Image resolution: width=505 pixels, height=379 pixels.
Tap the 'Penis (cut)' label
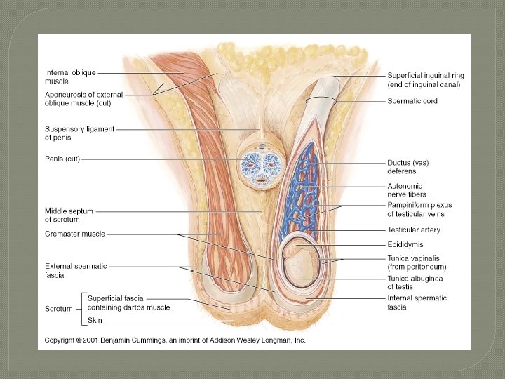coord(62,159)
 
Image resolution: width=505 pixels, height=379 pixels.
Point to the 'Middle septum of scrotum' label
coord(69,215)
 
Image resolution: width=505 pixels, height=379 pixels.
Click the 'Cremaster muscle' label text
coord(74,234)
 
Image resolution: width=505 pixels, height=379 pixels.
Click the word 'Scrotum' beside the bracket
coord(60,309)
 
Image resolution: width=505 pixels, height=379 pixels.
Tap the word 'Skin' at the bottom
coord(95,320)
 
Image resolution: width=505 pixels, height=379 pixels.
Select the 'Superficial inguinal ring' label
coord(425,79)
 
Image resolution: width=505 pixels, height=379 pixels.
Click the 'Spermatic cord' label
coord(412,101)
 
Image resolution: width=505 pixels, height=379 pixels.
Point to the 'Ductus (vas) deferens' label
coord(408,166)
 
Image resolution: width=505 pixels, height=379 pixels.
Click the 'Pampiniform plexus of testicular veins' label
coord(419,209)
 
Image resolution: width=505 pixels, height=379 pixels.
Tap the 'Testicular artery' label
coord(414,230)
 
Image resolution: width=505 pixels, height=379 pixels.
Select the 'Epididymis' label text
coord(405,245)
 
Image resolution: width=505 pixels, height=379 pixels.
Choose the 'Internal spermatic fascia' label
coord(417,302)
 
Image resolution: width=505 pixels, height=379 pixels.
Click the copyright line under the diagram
coord(175,340)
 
